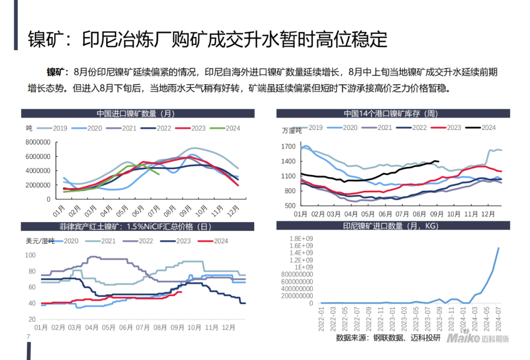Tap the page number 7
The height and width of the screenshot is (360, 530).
tap(28, 337)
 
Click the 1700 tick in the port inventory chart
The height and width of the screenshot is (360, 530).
tap(289, 146)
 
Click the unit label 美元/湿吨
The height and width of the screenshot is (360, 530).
tap(40, 241)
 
